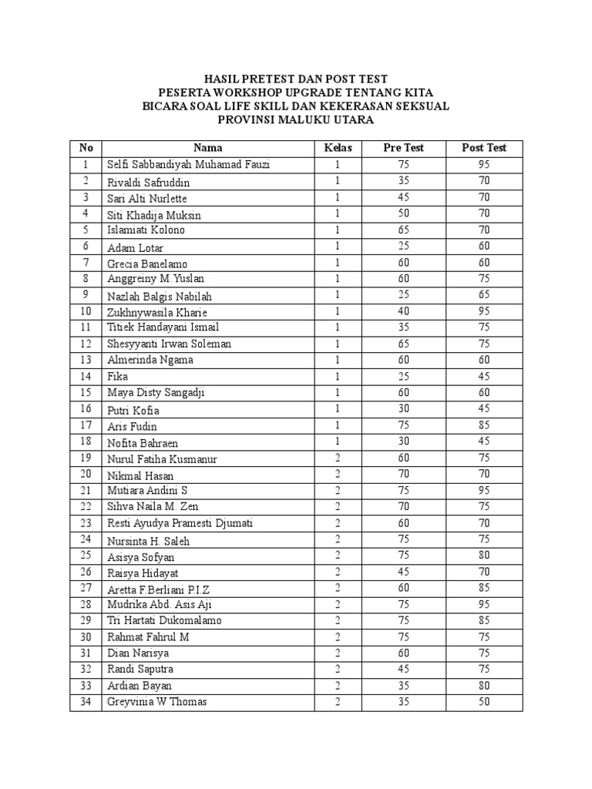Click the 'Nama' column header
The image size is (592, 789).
coord(207,148)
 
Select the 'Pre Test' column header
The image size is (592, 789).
coord(403,148)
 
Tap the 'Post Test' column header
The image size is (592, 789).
coord(483,148)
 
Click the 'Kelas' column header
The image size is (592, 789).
coord(337,148)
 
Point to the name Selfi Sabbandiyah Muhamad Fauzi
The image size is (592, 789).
coord(188,165)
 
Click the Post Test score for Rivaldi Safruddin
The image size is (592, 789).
coord(483,182)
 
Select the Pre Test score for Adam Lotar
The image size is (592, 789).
coord(403,247)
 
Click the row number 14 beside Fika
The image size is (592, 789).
coord(86,377)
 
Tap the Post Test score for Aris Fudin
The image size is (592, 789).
coord(483,425)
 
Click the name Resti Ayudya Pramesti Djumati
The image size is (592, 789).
coord(181,523)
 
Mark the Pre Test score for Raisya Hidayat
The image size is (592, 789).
coord(403,572)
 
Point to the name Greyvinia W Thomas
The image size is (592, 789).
coord(157,702)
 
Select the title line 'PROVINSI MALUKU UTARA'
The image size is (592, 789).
coord(296,119)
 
